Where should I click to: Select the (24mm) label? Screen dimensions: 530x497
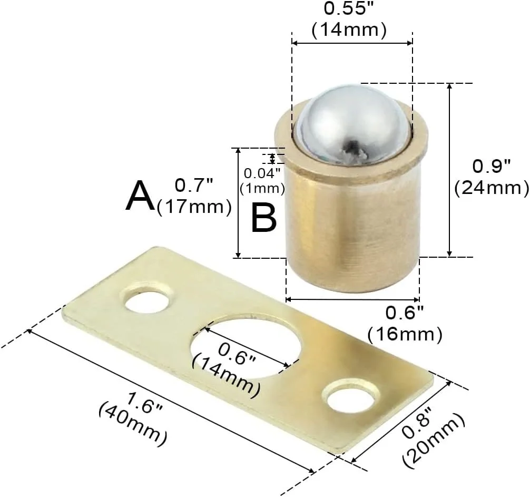[492, 188]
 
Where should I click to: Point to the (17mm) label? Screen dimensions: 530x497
[194, 207]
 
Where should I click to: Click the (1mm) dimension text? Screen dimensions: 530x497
[262, 188]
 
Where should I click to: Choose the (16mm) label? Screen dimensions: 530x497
[405, 335]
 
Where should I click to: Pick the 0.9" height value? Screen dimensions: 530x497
[491, 167]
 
